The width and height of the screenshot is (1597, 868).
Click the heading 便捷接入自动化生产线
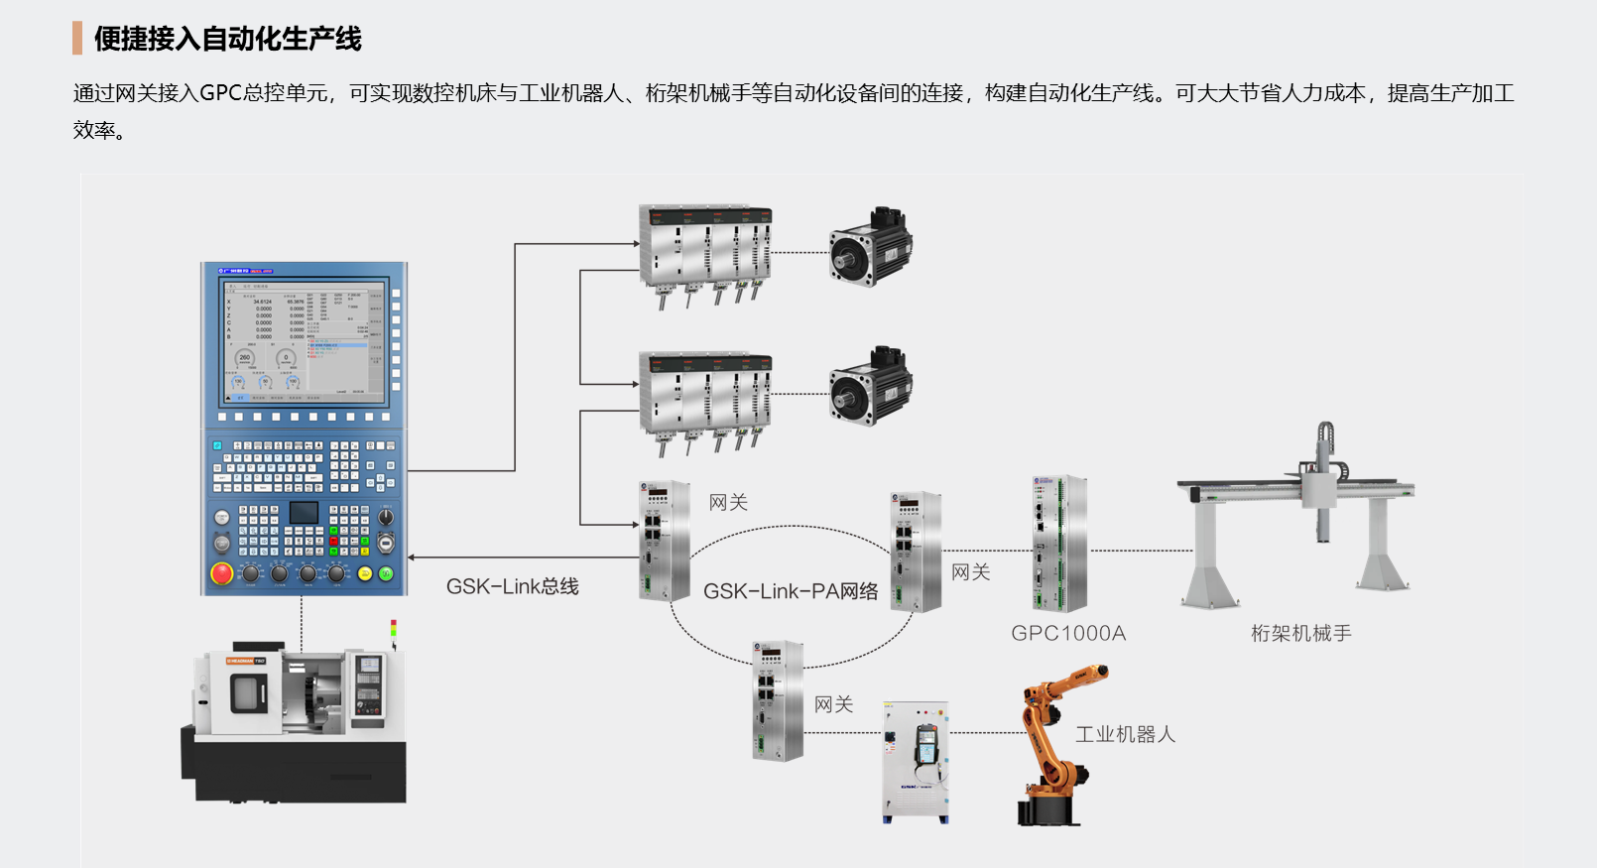click(227, 39)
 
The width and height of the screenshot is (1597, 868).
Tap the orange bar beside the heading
click(77, 39)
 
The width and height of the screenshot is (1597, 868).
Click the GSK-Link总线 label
click(512, 586)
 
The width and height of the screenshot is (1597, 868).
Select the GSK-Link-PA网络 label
click(791, 591)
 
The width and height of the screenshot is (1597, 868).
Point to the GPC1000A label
click(1068, 633)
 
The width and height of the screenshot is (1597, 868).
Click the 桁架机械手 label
click(1300, 633)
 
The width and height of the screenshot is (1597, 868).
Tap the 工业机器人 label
click(1125, 734)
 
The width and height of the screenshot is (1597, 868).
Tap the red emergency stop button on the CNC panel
click(222, 573)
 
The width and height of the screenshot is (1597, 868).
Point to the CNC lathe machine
click(295, 724)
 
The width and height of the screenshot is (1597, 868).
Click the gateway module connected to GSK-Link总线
click(665, 541)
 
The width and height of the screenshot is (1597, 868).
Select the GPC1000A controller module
click(1059, 543)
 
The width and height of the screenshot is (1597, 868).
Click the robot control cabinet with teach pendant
click(916, 762)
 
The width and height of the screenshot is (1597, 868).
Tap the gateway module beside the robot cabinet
click(778, 700)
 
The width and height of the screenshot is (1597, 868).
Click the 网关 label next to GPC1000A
click(970, 572)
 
